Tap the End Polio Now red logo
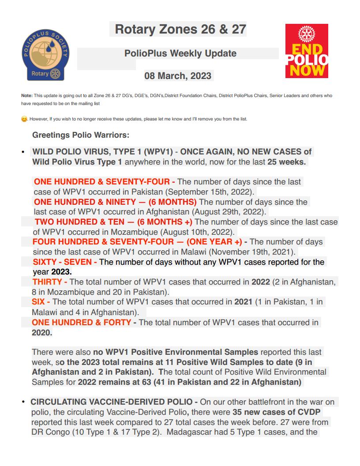pyautogui.click(x=306, y=51)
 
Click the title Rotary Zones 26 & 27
pyautogui.click(x=180, y=30)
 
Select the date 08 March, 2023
pyautogui.click(x=178, y=75)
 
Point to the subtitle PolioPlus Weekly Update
pyautogui.click(x=180, y=53)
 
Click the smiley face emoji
pyautogui.click(x=24, y=119)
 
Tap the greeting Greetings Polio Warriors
pyautogui.click(x=80, y=135)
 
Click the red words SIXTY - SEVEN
pyautogui.click(x=65, y=262)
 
